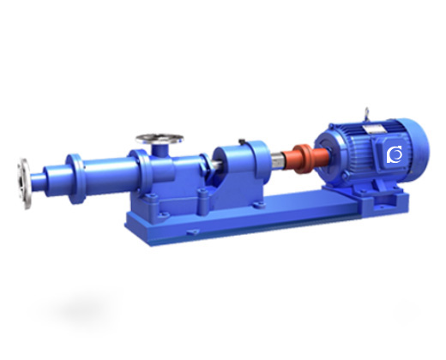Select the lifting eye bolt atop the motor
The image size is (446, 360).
(x=368, y=111)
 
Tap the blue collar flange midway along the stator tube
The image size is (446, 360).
(x=75, y=170)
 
